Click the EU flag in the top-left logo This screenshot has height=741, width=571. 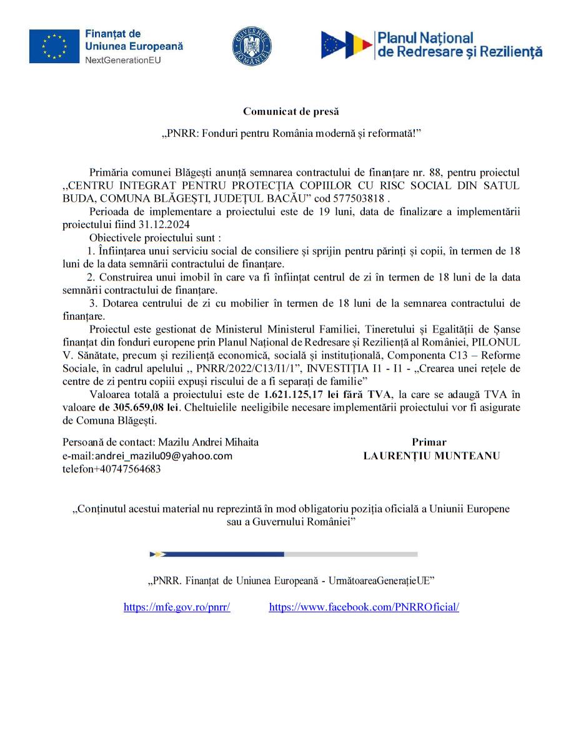pyautogui.click(x=54, y=46)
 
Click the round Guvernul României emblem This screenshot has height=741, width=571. pyautogui.click(x=252, y=46)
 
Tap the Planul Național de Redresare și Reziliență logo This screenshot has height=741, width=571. pyautogui.click(x=432, y=46)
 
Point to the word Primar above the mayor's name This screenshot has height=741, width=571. pyautogui.click(x=429, y=442)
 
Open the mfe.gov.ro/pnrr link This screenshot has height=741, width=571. pyautogui.click(x=177, y=607)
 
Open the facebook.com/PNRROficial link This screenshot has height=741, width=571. pyautogui.click(x=364, y=607)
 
